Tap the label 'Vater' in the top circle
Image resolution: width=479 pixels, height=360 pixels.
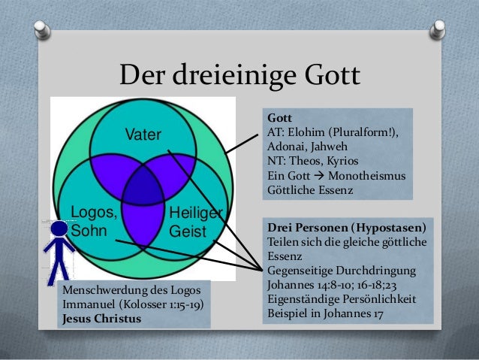click(x=143, y=135)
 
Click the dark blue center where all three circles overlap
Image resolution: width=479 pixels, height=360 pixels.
click(x=143, y=189)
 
